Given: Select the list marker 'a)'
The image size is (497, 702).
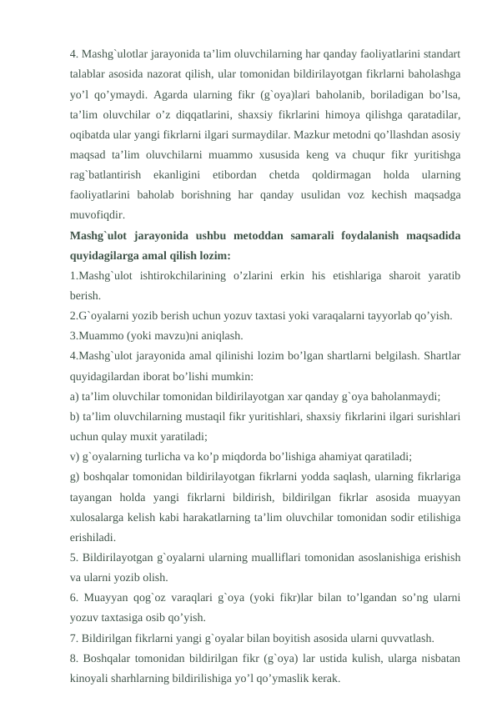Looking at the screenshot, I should (76, 396).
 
